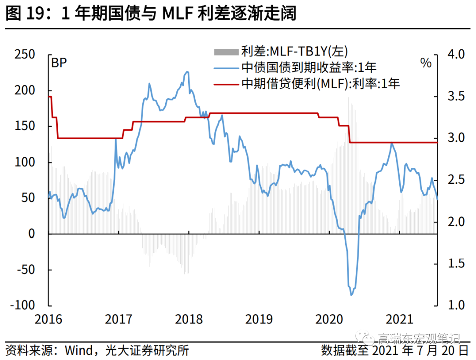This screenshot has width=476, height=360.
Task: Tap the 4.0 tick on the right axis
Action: click(x=456, y=55)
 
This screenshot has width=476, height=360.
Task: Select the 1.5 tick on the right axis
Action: click(x=456, y=264)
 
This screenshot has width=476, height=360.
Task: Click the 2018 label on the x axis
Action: click(x=188, y=319)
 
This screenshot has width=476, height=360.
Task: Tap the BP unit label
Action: click(x=59, y=63)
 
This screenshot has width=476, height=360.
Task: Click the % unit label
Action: click(x=426, y=63)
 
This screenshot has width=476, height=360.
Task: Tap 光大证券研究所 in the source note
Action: click(x=148, y=351)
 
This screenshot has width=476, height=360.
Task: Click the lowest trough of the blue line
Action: click(x=351, y=295)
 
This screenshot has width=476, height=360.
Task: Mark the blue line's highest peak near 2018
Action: click(x=187, y=71)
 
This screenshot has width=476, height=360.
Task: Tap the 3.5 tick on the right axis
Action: click(x=456, y=96)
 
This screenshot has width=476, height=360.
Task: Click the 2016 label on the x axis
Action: click(x=48, y=319)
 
